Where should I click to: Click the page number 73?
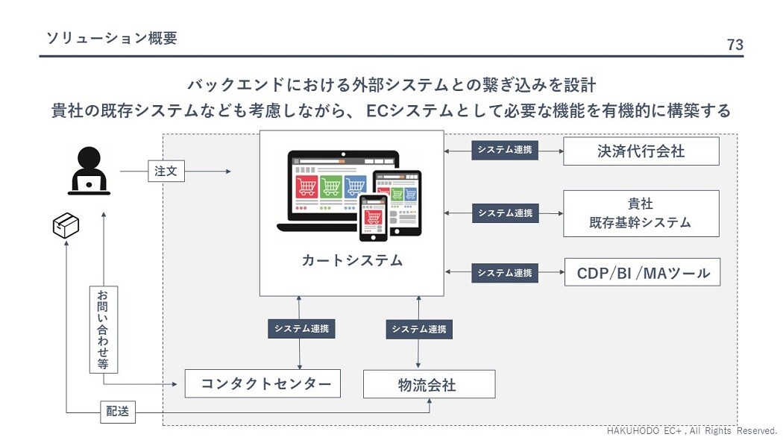pyautogui.click(x=735, y=45)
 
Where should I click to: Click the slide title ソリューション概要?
pyautogui.click(x=111, y=38)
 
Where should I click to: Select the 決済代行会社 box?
pyautogui.click(x=641, y=151)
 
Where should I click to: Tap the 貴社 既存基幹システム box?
pyautogui.click(x=641, y=213)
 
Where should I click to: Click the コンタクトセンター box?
pyautogui.click(x=262, y=384)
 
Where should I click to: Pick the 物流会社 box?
pyautogui.click(x=429, y=385)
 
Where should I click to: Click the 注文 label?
pyautogui.click(x=166, y=172)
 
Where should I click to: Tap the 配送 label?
pyautogui.click(x=118, y=410)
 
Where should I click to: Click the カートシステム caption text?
pyautogui.click(x=351, y=260)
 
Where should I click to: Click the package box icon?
pyautogui.click(x=66, y=225)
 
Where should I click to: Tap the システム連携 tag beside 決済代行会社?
pyautogui.click(x=505, y=151)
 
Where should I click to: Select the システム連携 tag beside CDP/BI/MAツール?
pyautogui.click(x=505, y=273)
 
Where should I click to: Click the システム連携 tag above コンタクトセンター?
pyautogui.click(x=301, y=329)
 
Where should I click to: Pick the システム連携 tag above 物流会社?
pyautogui.click(x=419, y=329)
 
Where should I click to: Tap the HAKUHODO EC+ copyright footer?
pyautogui.click(x=692, y=431)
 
